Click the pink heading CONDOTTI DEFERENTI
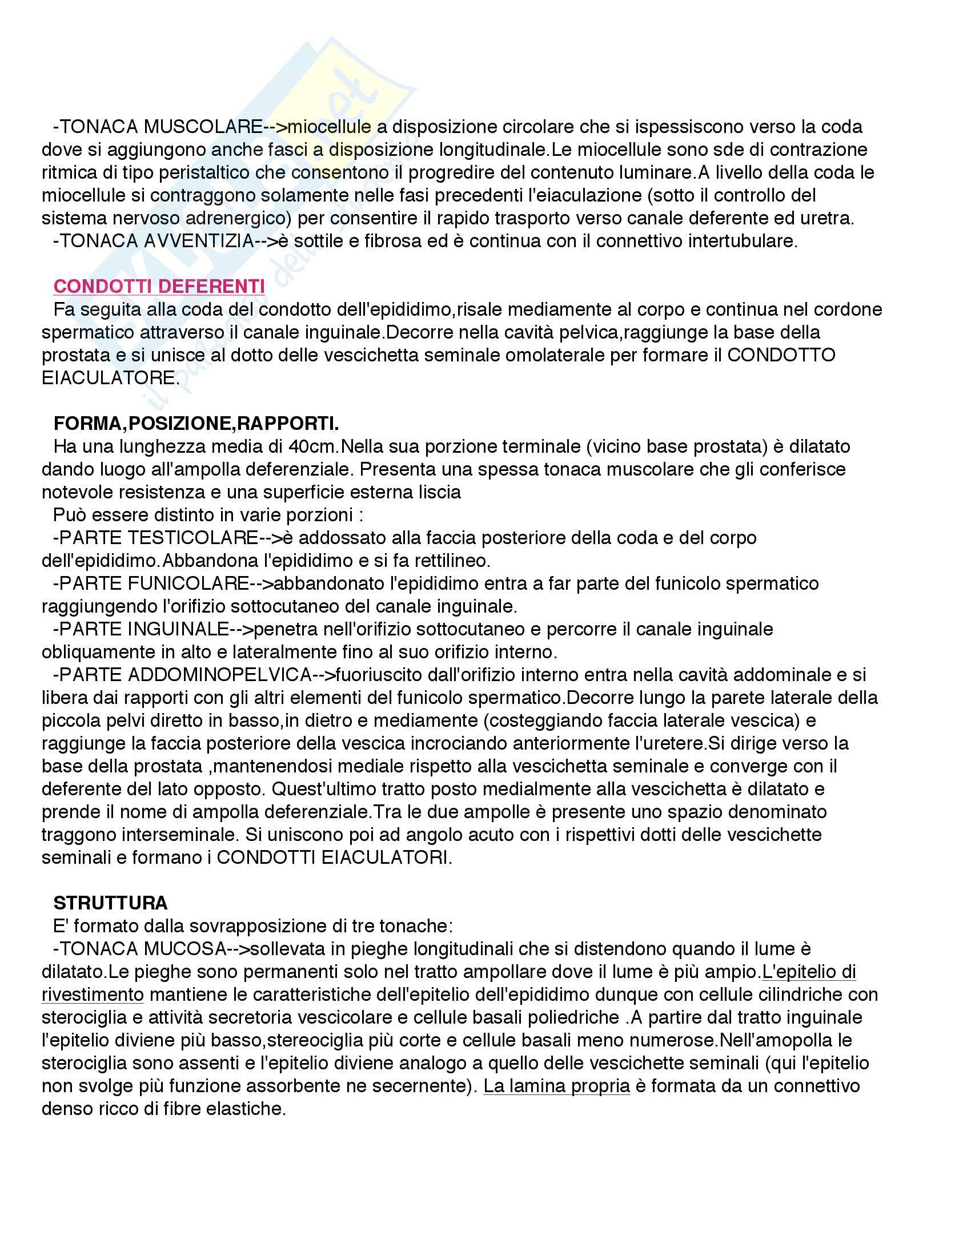click(159, 287)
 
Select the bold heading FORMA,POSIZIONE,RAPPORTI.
click(195, 424)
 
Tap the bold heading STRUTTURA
click(110, 903)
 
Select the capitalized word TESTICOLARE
click(192, 538)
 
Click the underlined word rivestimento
click(93, 995)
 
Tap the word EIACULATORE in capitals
click(109, 378)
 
